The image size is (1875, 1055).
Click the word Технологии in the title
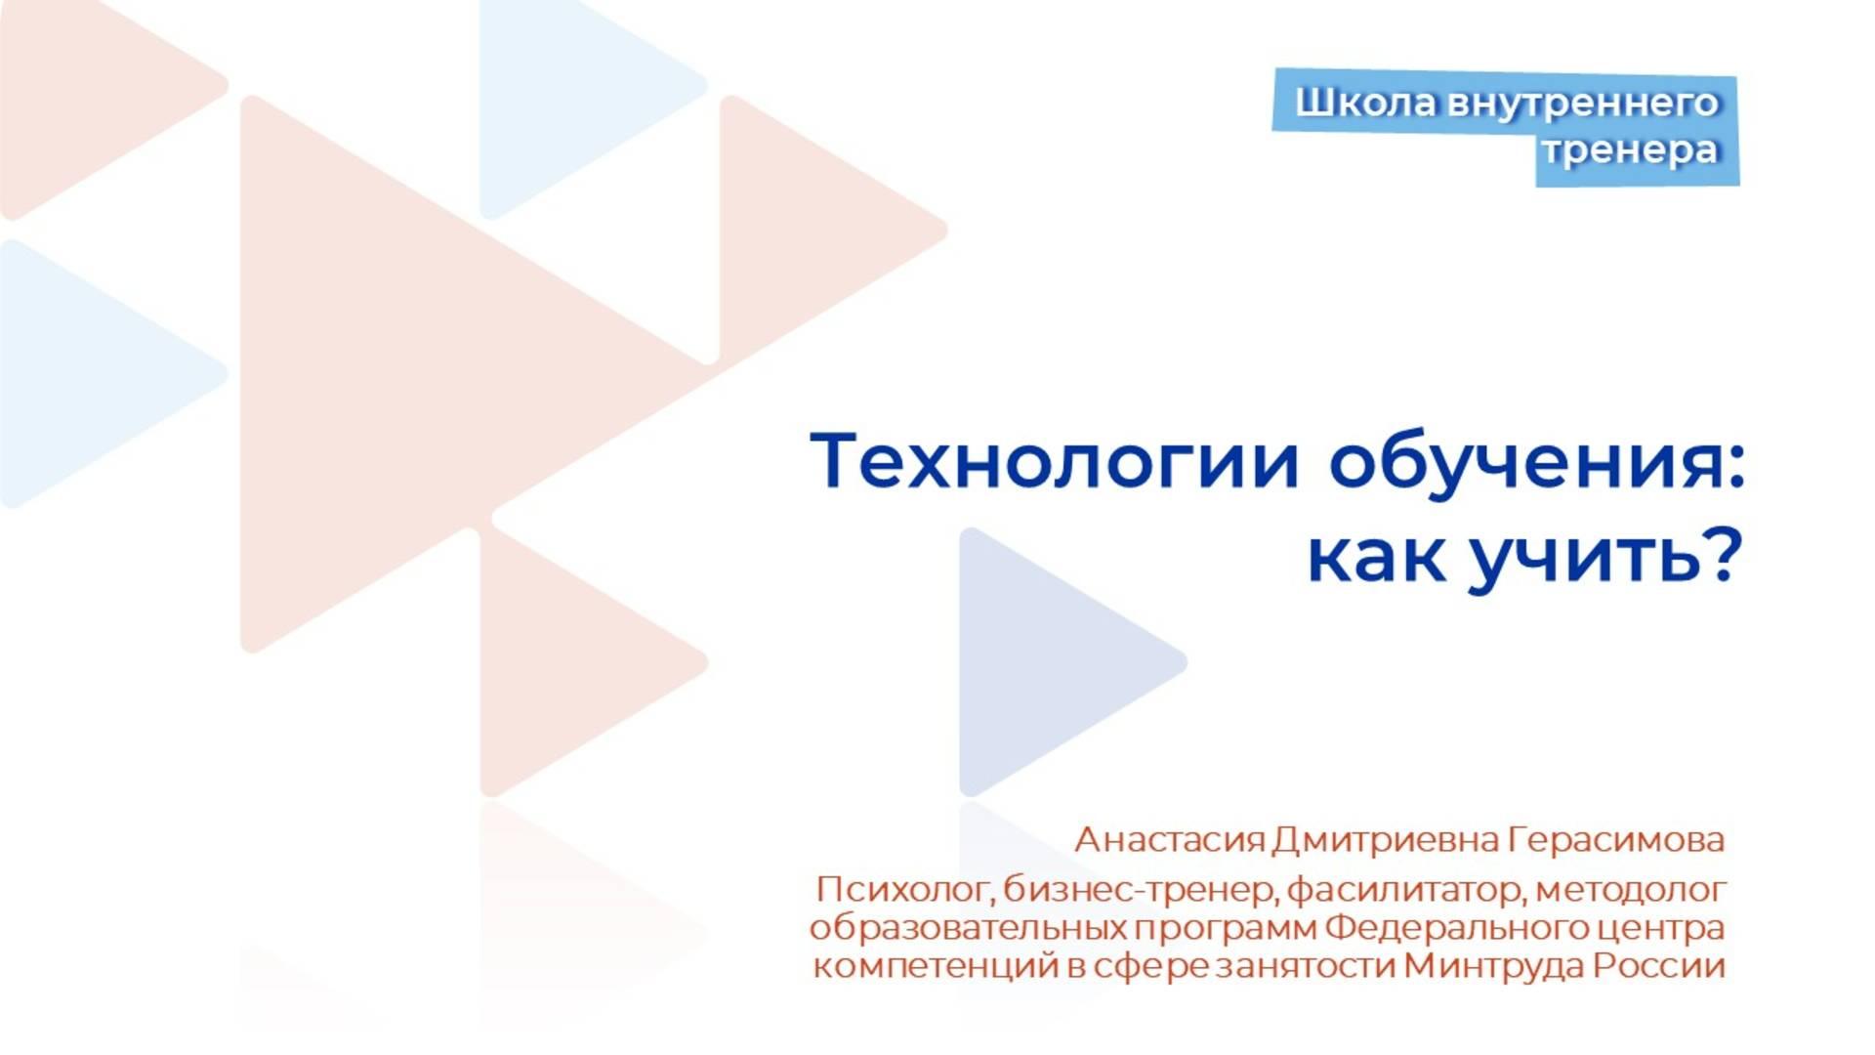pyautogui.click(x=1054, y=461)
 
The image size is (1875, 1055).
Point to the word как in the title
pyautogui.click(x=1375, y=558)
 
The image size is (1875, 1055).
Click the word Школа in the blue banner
pyautogui.click(x=1365, y=103)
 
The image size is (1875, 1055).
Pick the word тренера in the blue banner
pyautogui.click(x=1631, y=150)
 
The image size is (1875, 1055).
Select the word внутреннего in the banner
pyautogui.click(x=1582, y=103)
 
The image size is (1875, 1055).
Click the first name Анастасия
pyautogui.click(x=1169, y=840)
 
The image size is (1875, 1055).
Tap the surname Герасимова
pyautogui.click(x=1616, y=840)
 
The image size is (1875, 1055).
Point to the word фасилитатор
pyautogui.click(x=1406, y=890)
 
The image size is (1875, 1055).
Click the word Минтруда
pyautogui.click(x=1493, y=966)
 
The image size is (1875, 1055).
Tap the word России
pyautogui.click(x=1659, y=966)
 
